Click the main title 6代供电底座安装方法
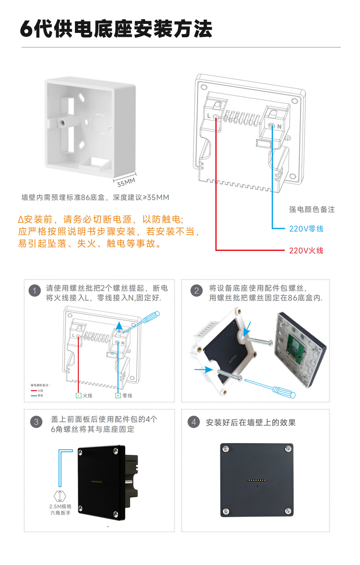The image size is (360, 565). (x=116, y=29)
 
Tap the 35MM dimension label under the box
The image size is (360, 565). (x=126, y=182)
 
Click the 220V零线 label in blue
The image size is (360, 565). (x=306, y=229)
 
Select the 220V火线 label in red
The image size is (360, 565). (x=306, y=251)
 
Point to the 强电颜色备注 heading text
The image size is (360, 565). (x=312, y=210)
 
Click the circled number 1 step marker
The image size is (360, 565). (x=35, y=291)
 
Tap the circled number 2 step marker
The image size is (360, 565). (x=196, y=291)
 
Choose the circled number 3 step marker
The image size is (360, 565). (x=36, y=422)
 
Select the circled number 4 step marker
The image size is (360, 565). (x=193, y=422)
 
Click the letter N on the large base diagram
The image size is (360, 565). (x=279, y=127)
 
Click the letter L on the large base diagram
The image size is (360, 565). (x=209, y=116)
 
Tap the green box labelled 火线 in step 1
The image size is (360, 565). (x=78, y=396)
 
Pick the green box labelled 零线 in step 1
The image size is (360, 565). (x=118, y=396)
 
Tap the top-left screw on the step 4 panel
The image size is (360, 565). (x=225, y=449)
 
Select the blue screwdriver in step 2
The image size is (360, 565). (x=275, y=389)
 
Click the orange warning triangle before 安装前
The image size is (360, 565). (x=21, y=220)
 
